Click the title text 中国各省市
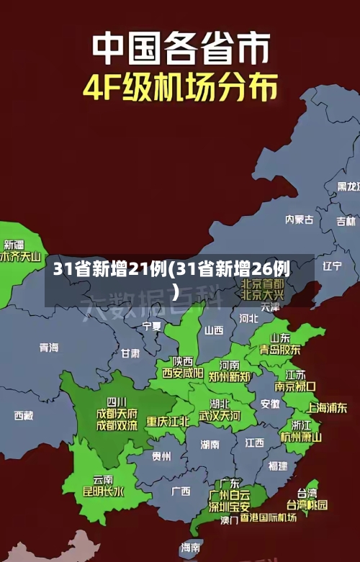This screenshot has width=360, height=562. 180,48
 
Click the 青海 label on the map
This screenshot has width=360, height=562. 49,347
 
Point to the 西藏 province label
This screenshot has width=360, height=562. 24,415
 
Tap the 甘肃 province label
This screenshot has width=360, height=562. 130,353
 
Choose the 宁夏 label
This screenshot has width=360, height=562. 152,326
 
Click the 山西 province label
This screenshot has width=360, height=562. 214,330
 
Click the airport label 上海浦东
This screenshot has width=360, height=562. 328,407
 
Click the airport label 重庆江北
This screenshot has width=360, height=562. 168,421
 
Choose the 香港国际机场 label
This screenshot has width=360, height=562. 268,517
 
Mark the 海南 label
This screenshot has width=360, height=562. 191,548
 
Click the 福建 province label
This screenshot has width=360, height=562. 277,466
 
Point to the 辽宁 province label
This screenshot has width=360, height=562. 332,266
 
